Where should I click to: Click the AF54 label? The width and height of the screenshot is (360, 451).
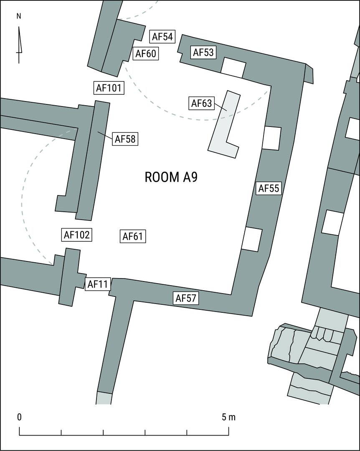162,36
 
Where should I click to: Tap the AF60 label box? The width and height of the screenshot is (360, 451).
146,53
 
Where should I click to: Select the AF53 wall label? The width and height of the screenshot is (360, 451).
203,52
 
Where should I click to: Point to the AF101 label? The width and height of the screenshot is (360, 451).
109,88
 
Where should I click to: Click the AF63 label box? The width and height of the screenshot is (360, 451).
201,103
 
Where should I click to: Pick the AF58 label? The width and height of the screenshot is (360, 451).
125,139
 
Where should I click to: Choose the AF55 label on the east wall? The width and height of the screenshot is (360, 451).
269,188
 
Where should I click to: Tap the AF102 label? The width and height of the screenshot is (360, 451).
77,235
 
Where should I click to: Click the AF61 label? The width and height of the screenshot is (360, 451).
133,236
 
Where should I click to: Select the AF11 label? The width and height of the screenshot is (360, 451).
98,284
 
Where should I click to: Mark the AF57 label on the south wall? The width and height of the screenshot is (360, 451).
185,298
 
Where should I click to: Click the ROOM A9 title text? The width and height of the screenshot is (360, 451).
171,177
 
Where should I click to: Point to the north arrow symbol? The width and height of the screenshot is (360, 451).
19,45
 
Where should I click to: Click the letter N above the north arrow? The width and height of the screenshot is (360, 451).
19,16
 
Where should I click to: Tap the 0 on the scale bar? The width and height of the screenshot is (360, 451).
19,417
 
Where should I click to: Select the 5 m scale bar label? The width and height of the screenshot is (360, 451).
228,417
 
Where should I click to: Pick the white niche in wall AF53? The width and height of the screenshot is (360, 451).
233,68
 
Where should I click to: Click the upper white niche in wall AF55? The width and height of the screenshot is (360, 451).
271,138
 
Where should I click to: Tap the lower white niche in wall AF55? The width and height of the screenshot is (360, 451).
252,239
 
